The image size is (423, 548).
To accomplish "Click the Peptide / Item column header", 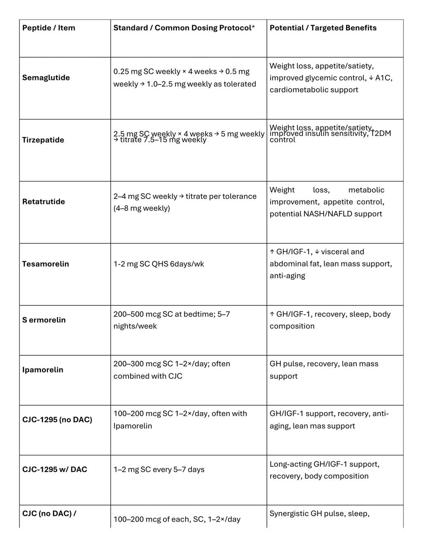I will [49, 28].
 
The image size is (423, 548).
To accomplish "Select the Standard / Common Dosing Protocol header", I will [184, 28].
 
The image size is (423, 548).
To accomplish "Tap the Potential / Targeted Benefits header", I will [323, 28].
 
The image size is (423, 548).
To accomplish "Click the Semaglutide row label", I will [46, 78].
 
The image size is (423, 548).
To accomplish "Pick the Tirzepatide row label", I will [43, 140].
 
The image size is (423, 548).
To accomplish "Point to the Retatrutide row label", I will [44, 202].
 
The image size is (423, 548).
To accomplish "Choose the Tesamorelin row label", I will [46, 264].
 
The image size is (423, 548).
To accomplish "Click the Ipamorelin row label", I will [43, 370].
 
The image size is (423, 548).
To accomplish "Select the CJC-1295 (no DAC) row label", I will [57, 420].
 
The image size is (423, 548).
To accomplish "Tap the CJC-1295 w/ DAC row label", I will [55, 470].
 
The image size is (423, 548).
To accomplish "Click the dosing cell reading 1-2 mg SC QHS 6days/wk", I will [159, 264].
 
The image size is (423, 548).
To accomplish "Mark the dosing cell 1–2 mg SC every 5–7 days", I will [159, 470].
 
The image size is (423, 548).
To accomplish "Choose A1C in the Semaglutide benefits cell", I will [383, 78].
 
